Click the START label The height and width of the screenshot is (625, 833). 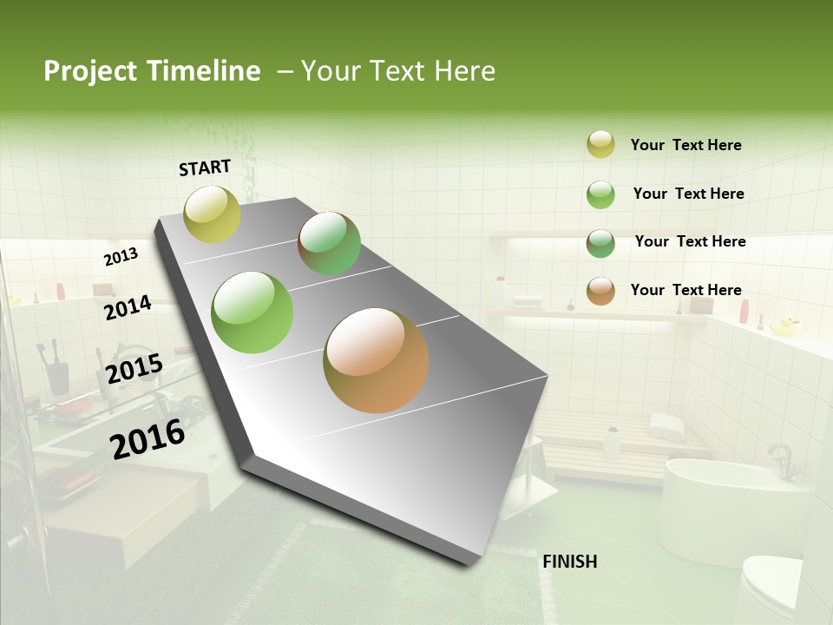[205, 168]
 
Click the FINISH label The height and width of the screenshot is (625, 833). [569, 562]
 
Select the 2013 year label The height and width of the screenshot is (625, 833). [121, 257]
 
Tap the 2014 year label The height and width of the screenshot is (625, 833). [128, 308]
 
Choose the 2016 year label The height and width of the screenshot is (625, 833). [148, 438]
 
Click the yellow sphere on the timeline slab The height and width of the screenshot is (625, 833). [212, 214]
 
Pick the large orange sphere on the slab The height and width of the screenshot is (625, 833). [376, 359]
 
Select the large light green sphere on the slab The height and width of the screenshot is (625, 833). [252, 312]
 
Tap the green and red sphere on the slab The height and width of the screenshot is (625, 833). [329, 243]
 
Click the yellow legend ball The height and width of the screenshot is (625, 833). [600, 144]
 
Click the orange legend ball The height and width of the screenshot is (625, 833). [600, 291]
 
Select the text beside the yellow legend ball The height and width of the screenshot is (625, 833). [685, 146]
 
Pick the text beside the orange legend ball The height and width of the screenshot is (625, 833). [685, 290]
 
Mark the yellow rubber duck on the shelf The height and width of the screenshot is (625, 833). [784, 327]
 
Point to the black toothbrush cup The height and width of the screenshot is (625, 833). [58, 378]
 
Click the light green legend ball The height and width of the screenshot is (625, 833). [600, 194]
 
